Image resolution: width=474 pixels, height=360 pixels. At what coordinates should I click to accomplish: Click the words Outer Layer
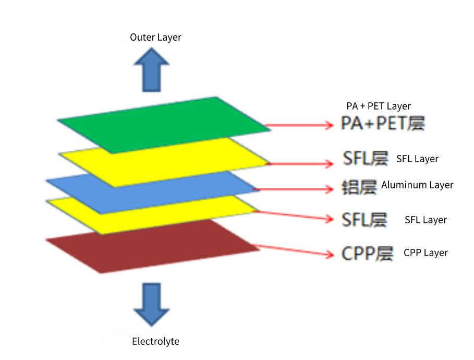pos(155,37)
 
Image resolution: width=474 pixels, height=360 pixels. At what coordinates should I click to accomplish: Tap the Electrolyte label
pos(155,342)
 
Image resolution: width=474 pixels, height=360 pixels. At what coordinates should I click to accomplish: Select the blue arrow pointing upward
pos(151,70)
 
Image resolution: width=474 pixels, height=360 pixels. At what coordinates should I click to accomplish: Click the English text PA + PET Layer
pos(379,106)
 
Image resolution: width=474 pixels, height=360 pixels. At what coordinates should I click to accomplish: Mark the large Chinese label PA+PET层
pos(383,124)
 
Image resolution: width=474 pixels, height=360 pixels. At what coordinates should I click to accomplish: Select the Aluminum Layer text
pos(417,185)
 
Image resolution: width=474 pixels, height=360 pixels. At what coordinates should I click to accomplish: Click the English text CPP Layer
pos(426,253)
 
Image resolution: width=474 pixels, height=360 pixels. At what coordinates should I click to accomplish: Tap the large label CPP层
pos(367,254)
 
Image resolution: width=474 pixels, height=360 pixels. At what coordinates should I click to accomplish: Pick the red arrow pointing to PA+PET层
pos(300,125)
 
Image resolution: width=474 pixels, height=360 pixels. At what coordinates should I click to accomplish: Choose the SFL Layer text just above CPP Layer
pos(426,220)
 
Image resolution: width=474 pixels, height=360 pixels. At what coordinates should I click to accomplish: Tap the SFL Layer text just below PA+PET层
pos(417,159)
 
